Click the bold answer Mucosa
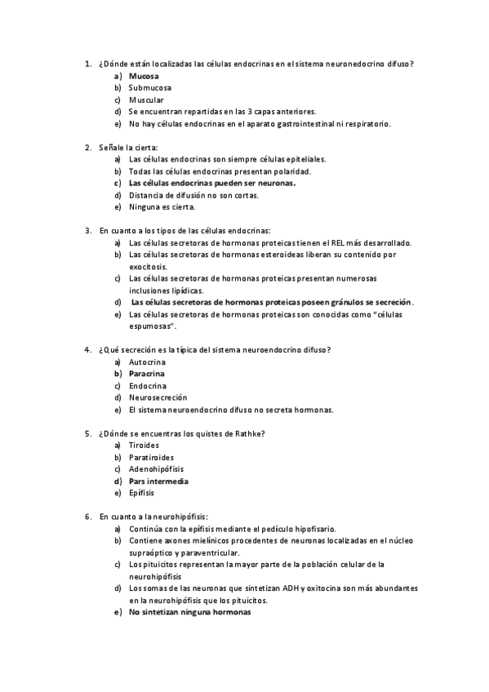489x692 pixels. (x=144, y=76)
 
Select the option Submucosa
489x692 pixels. (x=150, y=87)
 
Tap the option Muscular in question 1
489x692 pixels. (x=146, y=100)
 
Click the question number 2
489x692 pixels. (x=87, y=148)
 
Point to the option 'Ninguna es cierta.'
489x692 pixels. (x=162, y=207)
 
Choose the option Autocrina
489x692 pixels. (x=148, y=362)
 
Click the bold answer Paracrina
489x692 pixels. (x=148, y=373)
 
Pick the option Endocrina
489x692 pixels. (x=148, y=385)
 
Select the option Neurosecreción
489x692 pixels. (x=158, y=397)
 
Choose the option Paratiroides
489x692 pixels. (x=151, y=458)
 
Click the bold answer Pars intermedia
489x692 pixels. (x=158, y=481)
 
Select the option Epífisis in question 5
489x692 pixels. (x=142, y=493)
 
